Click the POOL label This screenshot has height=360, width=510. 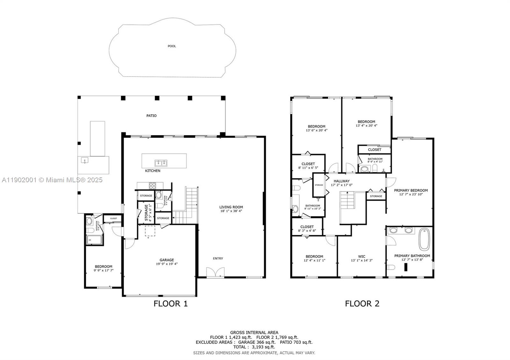(x=172, y=46)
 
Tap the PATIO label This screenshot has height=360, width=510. (x=151, y=116)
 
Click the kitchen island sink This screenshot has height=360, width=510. (x=161, y=163)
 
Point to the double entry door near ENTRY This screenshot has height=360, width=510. (x=213, y=272)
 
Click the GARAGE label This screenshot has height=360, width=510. (x=167, y=260)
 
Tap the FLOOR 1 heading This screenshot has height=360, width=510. (x=171, y=304)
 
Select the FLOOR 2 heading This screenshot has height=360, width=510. (x=362, y=304)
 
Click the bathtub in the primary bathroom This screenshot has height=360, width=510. (x=424, y=239)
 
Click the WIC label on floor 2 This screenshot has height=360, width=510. (x=361, y=256)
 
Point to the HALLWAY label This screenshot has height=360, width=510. (x=342, y=181)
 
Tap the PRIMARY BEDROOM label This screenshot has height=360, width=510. (x=411, y=191)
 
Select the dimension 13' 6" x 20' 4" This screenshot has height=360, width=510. (x=317, y=130)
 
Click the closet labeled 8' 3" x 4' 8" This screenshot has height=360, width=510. (x=307, y=228)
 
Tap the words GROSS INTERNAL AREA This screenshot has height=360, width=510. (x=254, y=333)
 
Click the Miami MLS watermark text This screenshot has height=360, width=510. (x=52, y=180)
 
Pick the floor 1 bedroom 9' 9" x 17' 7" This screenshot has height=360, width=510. (x=103, y=268)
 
